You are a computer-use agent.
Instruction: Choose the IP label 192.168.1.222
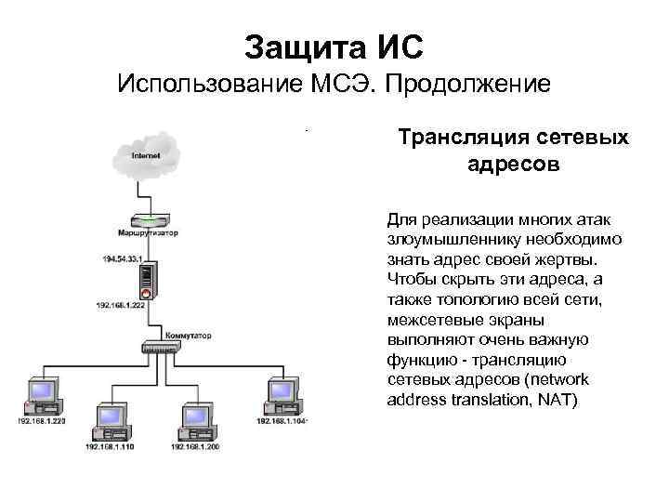click(120, 305)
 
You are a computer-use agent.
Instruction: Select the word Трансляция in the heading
click(455, 139)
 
